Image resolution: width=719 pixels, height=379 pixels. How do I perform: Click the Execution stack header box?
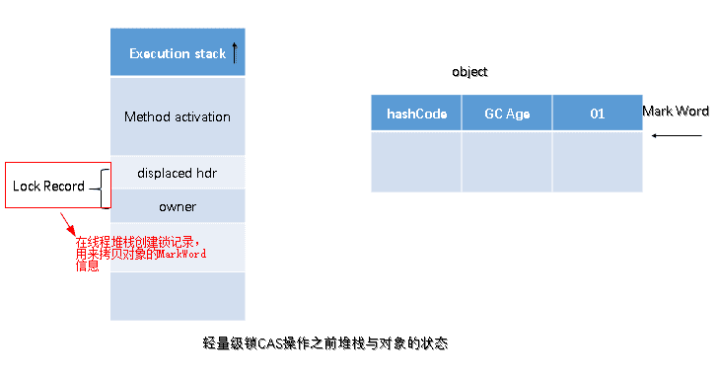point(178,53)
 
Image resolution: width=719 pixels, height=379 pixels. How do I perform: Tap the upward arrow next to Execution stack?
point(235,52)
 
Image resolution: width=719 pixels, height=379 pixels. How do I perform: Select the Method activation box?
point(178,116)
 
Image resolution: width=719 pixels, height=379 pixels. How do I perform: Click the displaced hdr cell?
point(178,173)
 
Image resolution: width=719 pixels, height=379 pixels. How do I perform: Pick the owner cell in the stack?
point(178,206)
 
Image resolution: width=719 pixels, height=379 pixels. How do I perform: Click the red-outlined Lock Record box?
point(49,186)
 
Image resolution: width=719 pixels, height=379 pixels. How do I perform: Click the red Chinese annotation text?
point(138,252)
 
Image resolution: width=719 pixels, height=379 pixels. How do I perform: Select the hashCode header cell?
point(416,114)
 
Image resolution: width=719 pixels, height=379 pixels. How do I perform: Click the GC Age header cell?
point(507,114)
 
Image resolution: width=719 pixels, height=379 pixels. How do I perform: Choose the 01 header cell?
point(597,114)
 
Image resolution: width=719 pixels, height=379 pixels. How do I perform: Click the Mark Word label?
point(676,111)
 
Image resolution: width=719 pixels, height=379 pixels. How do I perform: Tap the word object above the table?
point(469,72)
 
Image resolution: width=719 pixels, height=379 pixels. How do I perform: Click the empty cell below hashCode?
point(416,161)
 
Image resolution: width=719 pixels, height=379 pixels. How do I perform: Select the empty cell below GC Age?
point(507,161)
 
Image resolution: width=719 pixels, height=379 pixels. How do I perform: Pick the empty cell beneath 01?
point(597,161)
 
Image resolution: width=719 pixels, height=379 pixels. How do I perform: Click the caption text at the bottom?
point(325,343)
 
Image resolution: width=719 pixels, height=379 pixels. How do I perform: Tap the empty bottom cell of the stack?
point(178,295)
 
